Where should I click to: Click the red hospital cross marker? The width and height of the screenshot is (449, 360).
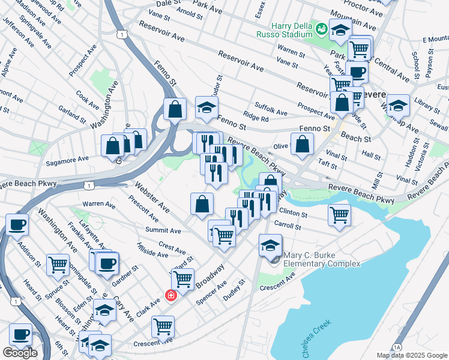[170, 296]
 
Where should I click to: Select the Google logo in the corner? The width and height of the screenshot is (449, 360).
[19, 353]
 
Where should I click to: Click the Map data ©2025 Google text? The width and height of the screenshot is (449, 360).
[412, 355]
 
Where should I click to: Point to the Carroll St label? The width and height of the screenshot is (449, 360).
[287, 226]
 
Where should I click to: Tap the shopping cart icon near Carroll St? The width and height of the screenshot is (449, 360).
[339, 214]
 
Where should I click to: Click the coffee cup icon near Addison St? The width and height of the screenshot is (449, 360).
[17, 224]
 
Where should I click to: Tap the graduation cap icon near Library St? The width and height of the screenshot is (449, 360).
[398, 106]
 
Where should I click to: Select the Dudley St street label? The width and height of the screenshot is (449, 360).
[234, 289]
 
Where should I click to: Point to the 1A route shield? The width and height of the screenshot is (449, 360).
[396, 347]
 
